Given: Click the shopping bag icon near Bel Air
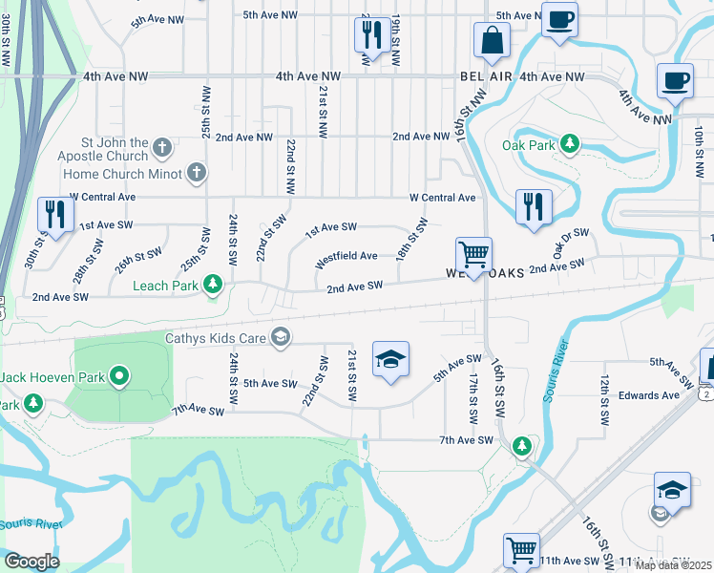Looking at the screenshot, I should point(493,41).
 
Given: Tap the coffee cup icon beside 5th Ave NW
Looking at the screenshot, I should point(558,19).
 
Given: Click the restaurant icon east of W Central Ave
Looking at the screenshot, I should point(533,206).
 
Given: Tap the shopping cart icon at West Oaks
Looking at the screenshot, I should point(472,254).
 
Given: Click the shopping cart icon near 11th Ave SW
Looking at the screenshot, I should point(521,550).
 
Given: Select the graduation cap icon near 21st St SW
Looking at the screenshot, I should point(389,360).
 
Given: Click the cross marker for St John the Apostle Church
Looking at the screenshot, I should point(162,148).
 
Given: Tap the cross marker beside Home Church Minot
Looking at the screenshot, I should point(196,173).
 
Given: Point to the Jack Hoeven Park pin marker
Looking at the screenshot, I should point(119,377).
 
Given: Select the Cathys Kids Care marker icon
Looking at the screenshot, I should point(281,335).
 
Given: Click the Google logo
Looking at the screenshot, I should point(31,562).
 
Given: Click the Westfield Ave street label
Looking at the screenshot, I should point(346,256).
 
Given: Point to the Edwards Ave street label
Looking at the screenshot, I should point(648,394).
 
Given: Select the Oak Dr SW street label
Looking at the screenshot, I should point(571,244).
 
